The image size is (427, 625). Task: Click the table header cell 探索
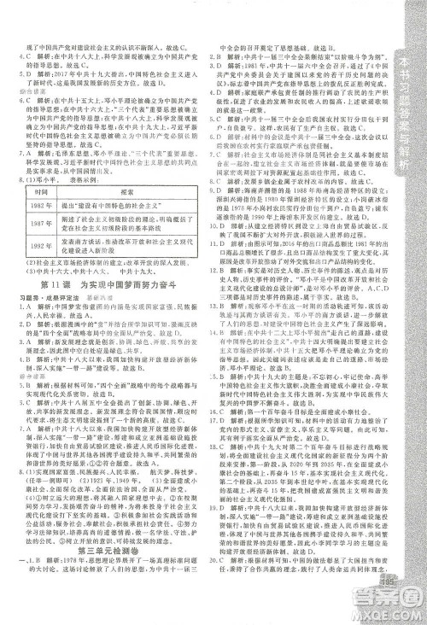pyautogui.click(x=129, y=215)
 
